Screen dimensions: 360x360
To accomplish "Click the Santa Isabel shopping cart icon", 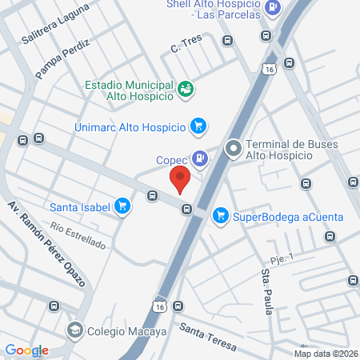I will (122, 206).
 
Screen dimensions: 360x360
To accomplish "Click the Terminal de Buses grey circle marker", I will (234, 148).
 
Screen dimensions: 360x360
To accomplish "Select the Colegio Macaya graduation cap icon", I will (74, 330).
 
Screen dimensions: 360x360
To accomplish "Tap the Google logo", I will (26, 350).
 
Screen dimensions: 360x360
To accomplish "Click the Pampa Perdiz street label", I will (63, 58).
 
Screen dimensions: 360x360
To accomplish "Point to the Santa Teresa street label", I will (207, 336).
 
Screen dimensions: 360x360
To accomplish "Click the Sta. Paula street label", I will (266, 293).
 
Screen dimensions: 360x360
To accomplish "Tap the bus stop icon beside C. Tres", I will (227, 39).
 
